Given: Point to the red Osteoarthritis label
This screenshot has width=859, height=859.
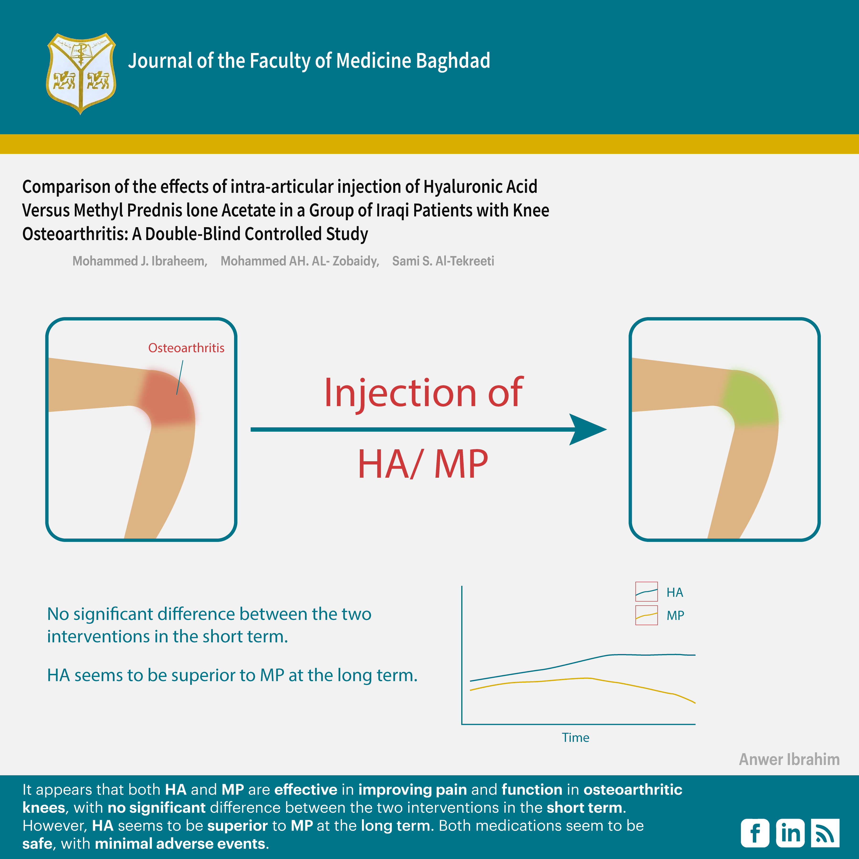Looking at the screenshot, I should pyautogui.click(x=186, y=348).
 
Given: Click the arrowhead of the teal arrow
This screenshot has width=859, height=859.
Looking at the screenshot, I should pyautogui.click(x=587, y=429).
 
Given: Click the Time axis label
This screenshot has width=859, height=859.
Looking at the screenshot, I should pyautogui.click(x=575, y=738).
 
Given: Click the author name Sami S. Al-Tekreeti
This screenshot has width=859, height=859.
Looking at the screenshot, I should pyautogui.click(x=443, y=261).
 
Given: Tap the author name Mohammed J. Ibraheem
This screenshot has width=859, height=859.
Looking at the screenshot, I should pyautogui.click(x=140, y=261).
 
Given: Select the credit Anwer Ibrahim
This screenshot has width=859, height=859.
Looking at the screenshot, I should pyautogui.click(x=789, y=759).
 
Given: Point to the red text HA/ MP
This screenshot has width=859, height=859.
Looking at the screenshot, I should pyautogui.click(x=423, y=464).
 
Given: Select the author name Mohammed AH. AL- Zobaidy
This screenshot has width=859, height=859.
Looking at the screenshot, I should pyautogui.click(x=300, y=261).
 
